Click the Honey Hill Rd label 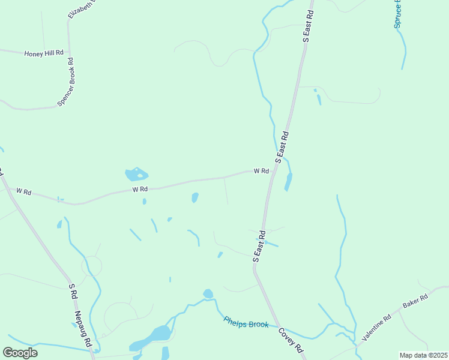point(44,53)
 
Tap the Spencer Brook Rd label point(65,83)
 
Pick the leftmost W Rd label point(23,191)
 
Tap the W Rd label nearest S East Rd point(261,171)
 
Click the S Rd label point(72,292)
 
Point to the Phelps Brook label point(246,322)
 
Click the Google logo point(20,353)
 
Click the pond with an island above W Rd point(136,175)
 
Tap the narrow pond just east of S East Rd point(289,182)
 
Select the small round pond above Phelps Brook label point(208,294)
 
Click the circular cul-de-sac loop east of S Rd point(92,266)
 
